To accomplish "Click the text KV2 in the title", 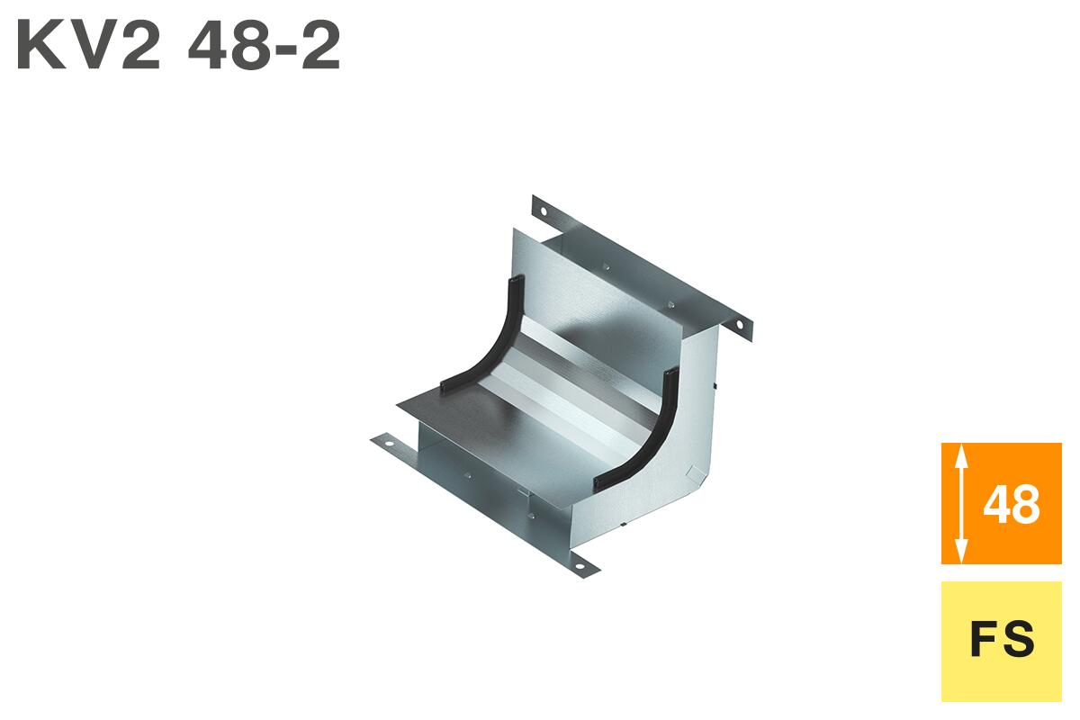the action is [x=88, y=46].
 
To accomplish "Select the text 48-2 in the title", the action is [x=265, y=46].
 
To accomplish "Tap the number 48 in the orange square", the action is [x=1012, y=505].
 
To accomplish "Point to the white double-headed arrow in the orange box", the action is [x=961, y=503].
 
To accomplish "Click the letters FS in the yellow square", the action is [x=1003, y=640].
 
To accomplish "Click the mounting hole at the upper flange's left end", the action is [x=544, y=211].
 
